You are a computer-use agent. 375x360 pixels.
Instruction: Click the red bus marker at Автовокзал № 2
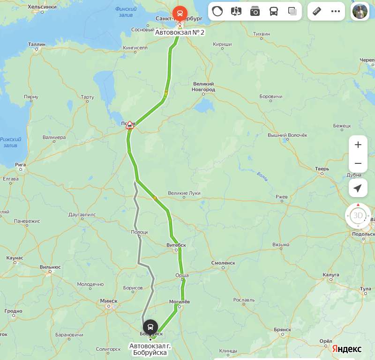(180, 13)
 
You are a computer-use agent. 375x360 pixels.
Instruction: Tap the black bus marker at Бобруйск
(150, 326)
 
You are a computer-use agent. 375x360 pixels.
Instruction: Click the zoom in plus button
(358, 145)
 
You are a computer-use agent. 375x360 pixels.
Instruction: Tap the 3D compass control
(358, 216)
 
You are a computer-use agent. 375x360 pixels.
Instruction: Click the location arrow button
(358, 188)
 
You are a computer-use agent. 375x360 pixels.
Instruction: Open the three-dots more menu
(336, 11)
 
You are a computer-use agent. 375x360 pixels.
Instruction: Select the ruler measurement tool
(317, 11)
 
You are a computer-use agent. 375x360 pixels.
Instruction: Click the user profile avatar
(360, 11)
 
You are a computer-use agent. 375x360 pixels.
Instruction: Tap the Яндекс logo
(347, 349)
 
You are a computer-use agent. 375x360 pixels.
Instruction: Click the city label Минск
(109, 301)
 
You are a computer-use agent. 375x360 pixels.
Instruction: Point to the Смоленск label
(223, 263)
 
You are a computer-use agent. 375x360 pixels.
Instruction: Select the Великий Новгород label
(204, 87)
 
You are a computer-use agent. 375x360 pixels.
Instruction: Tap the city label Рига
(20, 165)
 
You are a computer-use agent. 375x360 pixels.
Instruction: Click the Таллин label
(37, 44)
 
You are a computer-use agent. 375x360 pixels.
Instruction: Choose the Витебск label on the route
(176, 245)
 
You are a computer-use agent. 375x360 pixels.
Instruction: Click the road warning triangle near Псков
(130, 125)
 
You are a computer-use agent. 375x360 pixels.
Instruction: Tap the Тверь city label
(322, 169)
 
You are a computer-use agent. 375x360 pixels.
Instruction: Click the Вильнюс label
(50, 267)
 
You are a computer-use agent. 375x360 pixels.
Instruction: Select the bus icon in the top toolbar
(274, 11)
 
